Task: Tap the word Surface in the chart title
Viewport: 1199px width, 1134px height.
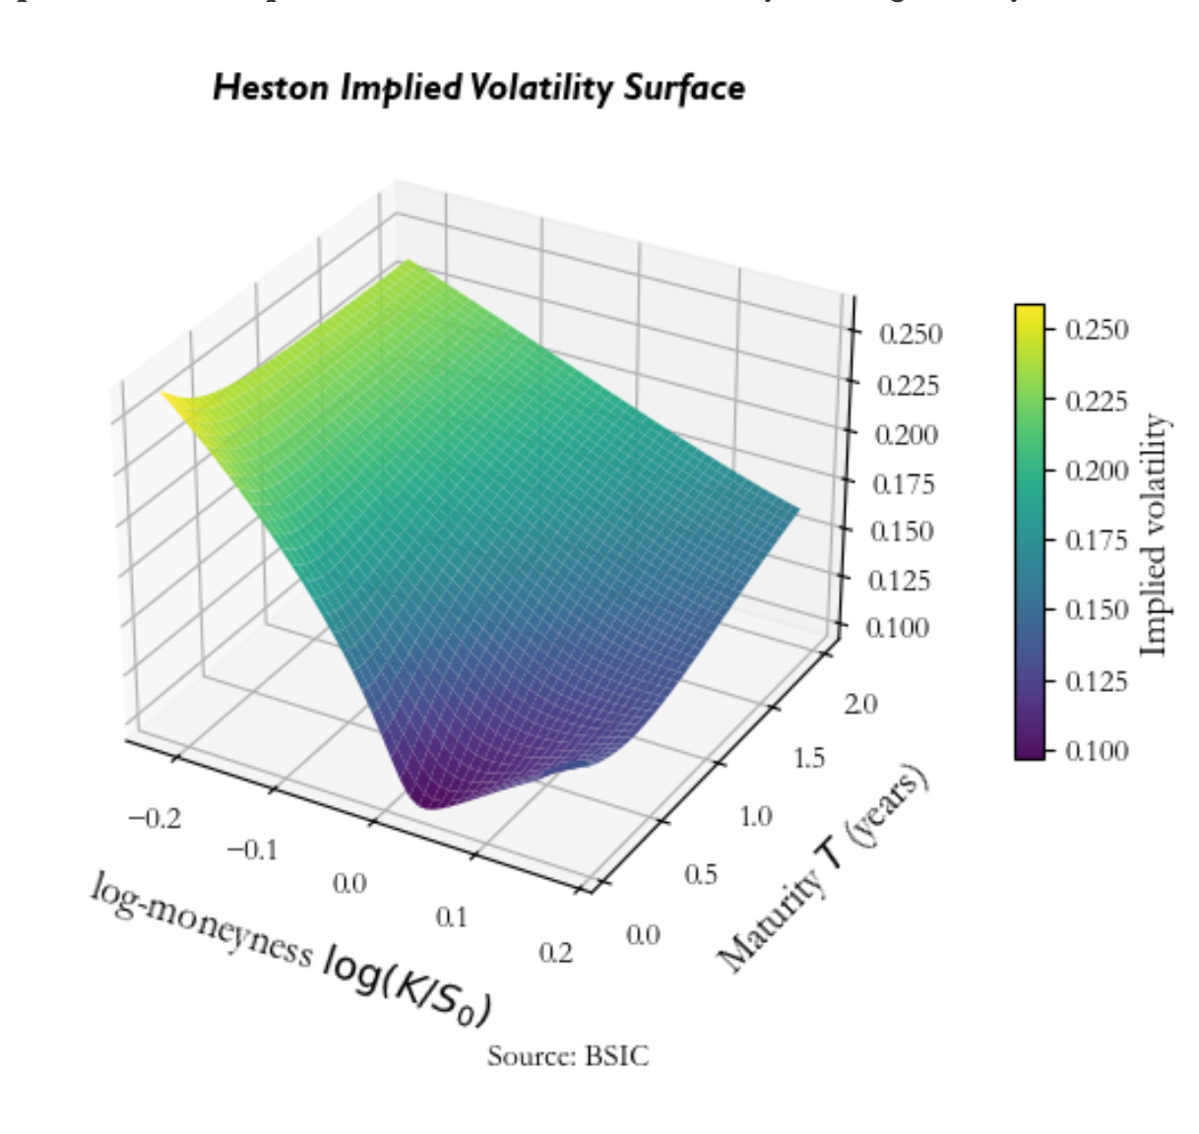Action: point(683,88)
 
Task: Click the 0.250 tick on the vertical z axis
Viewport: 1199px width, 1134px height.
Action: point(909,335)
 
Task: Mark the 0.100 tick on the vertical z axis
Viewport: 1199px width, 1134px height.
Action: point(897,628)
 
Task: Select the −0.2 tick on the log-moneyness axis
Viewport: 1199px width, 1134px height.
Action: point(155,818)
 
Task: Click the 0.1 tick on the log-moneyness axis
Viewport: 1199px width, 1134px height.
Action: point(451,917)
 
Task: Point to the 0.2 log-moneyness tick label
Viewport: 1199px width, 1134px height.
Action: point(556,952)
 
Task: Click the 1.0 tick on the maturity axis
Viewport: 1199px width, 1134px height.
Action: point(756,816)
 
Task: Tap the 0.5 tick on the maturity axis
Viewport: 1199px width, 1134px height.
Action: point(700,874)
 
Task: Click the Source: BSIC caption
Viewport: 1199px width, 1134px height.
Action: point(568,1056)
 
